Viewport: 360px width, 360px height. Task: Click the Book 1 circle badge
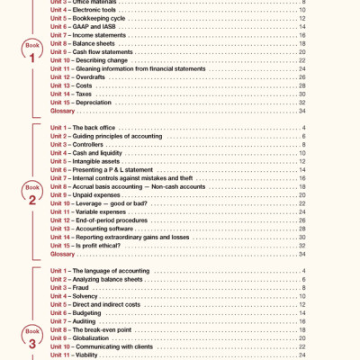31,54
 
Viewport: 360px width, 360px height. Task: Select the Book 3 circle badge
31,338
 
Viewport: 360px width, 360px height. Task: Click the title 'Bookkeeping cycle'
105,18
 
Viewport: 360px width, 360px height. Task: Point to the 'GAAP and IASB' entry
100,26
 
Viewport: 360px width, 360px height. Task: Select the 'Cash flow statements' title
109,51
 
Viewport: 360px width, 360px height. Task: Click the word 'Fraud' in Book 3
84,288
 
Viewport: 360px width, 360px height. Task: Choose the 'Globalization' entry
96,338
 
